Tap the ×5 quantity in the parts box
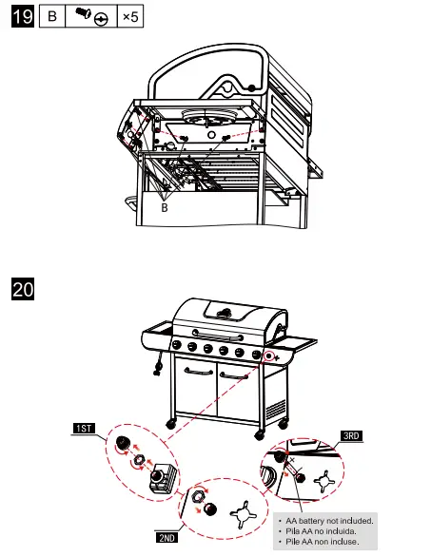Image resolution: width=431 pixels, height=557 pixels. pyautogui.click(x=129, y=18)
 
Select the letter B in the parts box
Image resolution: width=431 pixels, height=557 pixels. pyautogui.click(x=51, y=18)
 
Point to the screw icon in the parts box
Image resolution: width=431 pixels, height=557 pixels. pyautogui.click(x=90, y=18)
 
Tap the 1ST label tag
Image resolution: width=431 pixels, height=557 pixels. pyautogui.click(x=85, y=428)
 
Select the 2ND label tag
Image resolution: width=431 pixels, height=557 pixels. pyautogui.click(x=166, y=536)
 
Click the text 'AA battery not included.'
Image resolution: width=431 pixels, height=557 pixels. pyautogui.click(x=328, y=520)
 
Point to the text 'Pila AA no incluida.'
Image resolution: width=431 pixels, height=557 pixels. pyautogui.click(x=323, y=530)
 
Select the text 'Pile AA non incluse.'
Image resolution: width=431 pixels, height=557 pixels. pyautogui.click(x=323, y=542)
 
